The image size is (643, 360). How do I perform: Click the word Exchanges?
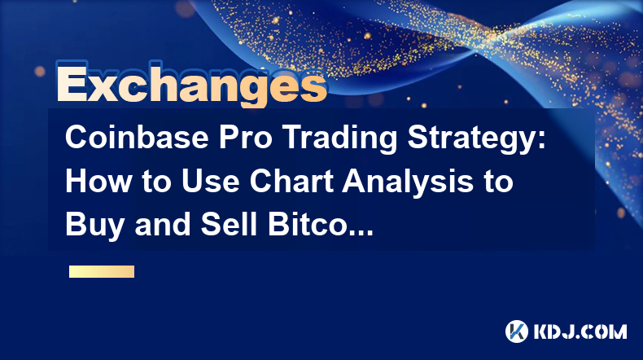[191, 84]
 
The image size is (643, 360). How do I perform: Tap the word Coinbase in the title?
[137, 137]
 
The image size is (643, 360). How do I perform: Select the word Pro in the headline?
[245, 137]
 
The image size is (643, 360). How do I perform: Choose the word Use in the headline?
[211, 181]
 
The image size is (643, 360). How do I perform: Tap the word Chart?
[291, 181]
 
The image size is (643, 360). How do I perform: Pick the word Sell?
[229, 224]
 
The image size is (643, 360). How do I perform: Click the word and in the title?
[163, 224]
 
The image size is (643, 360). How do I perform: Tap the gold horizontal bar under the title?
[102, 271]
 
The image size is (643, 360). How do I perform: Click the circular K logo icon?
[517, 331]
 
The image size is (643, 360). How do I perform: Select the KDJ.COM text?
[580, 331]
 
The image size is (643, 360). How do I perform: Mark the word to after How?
[157, 182]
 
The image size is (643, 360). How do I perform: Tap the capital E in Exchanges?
[72, 84]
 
